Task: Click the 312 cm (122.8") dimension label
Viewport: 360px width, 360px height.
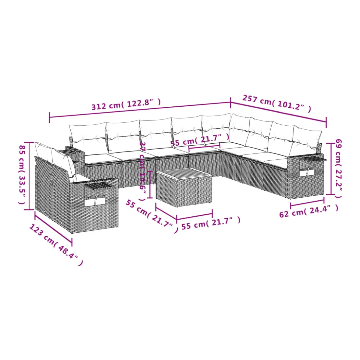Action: click(x=126, y=104)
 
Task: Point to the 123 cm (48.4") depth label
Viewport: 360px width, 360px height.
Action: click(x=56, y=245)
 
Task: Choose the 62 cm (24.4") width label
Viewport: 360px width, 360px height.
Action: click(x=309, y=211)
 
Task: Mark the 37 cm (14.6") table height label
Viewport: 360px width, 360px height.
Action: click(x=143, y=171)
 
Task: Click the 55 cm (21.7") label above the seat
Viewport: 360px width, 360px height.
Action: click(x=200, y=140)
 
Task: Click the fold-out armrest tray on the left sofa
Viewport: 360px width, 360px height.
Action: click(x=100, y=184)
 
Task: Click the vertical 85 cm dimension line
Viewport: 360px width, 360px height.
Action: click(x=29, y=176)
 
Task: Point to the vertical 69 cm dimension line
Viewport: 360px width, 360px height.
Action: click(x=331, y=169)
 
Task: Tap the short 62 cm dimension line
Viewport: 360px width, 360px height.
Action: click(x=307, y=203)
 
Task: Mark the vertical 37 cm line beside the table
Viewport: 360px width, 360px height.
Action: click(x=150, y=185)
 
